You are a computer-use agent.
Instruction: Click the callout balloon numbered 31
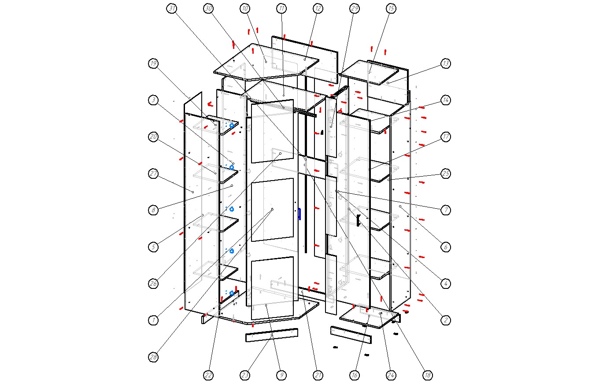[x=172, y=8]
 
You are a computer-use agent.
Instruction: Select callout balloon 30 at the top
[x=209, y=8]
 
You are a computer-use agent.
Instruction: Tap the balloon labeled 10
[x=245, y=8]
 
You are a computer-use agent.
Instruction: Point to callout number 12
[x=318, y=8]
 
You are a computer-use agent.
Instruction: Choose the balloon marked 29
[x=355, y=8]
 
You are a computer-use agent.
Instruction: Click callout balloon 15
[x=391, y=8]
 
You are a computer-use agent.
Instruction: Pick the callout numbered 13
[x=446, y=63]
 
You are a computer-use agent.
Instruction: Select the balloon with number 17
[x=446, y=137]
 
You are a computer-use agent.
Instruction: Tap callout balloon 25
[x=446, y=174]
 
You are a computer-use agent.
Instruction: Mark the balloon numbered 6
[x=446, y=247]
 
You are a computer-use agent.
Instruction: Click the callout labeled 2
[x=446, y=320]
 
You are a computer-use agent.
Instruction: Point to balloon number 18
[x=427, y=375]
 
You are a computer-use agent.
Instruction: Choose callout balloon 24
[x=391, y=375]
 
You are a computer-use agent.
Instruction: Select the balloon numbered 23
[x=245, y=375]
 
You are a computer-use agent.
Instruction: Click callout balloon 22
[x=209, y=375]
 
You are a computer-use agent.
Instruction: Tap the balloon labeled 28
[x=153, y=357]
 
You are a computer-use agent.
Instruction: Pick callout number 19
[x=153, y=63]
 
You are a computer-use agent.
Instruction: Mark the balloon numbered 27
[x=153, y=174]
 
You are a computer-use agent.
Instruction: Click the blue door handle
[x=299, y=214]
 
